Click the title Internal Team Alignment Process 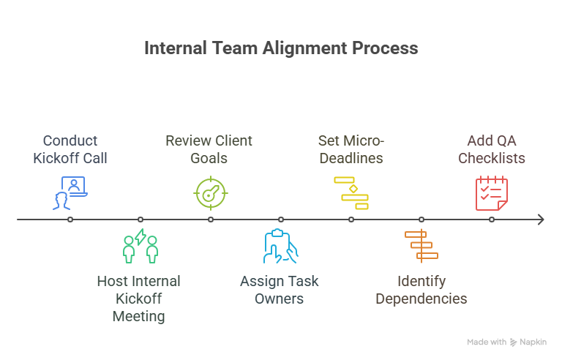pos(281,48)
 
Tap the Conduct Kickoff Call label pos(70,149)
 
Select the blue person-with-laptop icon pos(70,192)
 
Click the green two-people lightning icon pos(140,246)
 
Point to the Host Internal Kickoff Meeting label pos(139,299)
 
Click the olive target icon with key pos(211,192)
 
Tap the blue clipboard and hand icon pos(280,247)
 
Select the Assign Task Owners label pos(280,290)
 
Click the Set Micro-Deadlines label pos(351,149)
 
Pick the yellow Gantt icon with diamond pos(351,192)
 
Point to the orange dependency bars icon pos(421,246)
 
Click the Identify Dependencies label pos(421,290)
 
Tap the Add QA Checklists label pos(492,149)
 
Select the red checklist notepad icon pos(492,193)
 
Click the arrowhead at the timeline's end pos(540,220)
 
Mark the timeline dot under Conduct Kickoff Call pos(70,220)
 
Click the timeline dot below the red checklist pos(492,220)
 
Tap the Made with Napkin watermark pos(506,342)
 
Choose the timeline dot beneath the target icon pos(211,220)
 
